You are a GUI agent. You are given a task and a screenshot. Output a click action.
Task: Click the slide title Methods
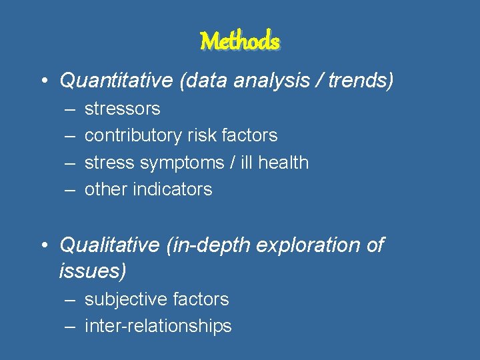(240, 41)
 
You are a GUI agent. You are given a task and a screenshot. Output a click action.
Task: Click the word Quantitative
(116, 81)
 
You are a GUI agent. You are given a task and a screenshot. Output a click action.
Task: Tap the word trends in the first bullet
(360, 81)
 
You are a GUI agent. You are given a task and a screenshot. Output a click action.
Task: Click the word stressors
(123, 109)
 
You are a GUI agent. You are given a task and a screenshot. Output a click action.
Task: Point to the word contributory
(134, 135)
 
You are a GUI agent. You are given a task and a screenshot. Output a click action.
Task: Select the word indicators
(173, 189)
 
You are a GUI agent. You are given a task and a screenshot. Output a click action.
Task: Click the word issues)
(93, 271)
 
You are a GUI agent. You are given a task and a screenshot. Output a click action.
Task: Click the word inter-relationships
(158, 326)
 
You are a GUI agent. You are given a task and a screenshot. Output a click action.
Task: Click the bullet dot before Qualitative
(43, 246)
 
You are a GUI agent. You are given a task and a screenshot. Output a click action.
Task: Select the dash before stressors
(69, 109)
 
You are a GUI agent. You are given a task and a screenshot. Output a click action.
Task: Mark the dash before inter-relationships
(69, 327)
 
